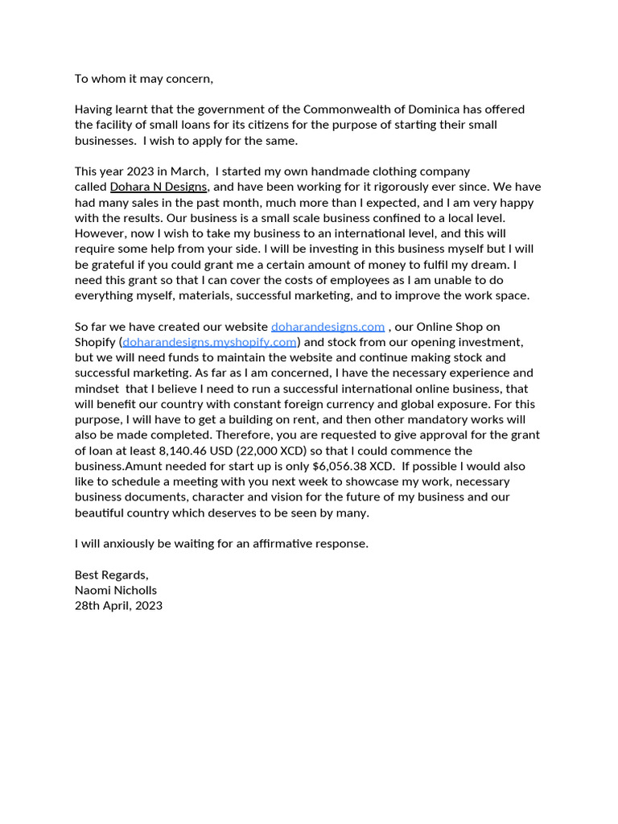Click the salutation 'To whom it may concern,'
pos(144,79)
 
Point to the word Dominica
pos(417,109)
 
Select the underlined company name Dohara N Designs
pos(159,187)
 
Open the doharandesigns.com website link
pos(328,327)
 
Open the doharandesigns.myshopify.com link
pos(210,342)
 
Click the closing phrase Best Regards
pos(111,575)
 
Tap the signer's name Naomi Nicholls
pos(116,590)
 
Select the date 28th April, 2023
pos(118,605)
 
